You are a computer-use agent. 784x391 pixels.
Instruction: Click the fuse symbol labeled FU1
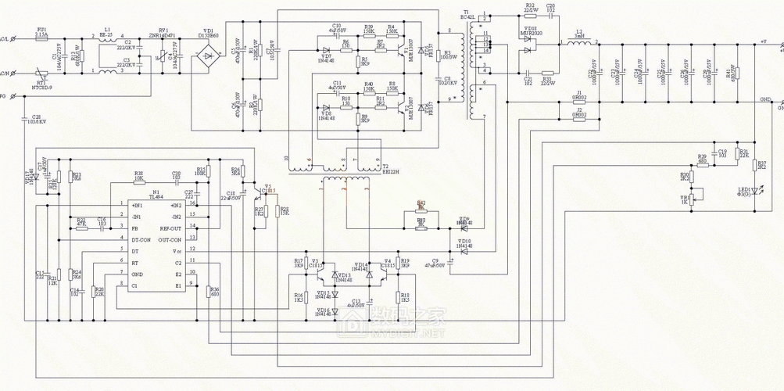pyautogui.click(x=41, y=39)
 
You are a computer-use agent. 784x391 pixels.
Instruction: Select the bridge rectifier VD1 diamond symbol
pyautogui.click(x=209, y=58)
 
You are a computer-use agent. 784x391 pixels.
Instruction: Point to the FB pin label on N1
pyautogui.click(x=134, y=228)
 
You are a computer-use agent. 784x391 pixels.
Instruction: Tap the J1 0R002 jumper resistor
pyautogui.click(x=578, y=101)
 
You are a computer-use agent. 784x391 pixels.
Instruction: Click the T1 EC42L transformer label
pyautogui.click(x=468, y=16)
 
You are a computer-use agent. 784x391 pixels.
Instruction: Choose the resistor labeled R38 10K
pyautogui.click(x=138, y=181)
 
